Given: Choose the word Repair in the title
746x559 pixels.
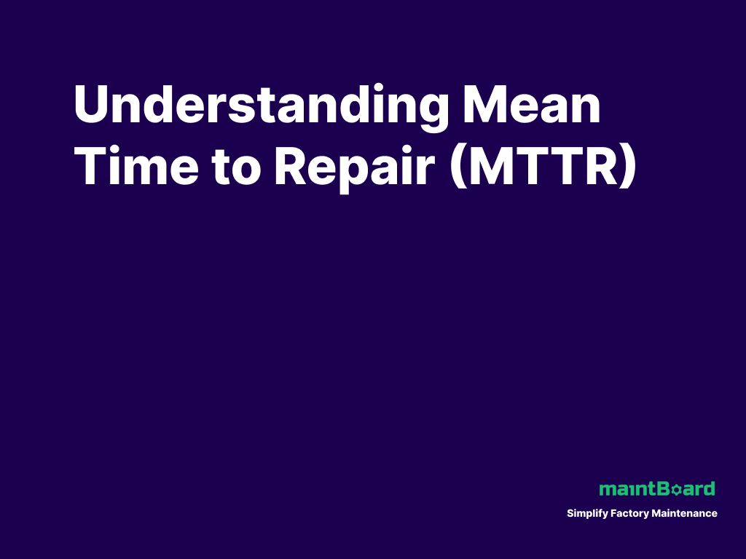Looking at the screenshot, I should pos(355,166).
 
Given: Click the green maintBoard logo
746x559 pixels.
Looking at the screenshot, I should pos(656,488).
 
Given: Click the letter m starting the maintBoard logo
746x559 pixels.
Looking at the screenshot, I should pos(606,490).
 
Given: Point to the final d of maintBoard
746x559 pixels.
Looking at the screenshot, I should pos(709,488).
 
